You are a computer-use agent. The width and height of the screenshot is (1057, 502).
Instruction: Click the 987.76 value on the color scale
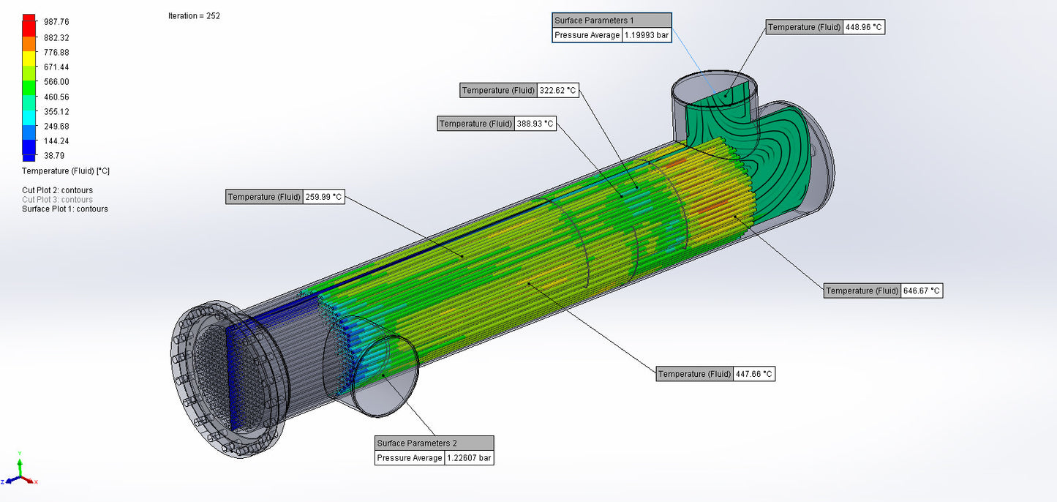tap(56, 22)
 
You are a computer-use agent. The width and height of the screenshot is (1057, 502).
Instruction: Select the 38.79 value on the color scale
tap(54, 156)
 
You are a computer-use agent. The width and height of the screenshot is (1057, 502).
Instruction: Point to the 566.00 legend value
tap(56, 82)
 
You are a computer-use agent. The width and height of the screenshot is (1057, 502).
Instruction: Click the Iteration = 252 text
tap(194, 16)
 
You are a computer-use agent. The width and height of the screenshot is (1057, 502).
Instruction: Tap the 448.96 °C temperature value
tap(865, 27)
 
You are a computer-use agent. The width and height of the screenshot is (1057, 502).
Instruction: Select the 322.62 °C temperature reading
tap(557, 90)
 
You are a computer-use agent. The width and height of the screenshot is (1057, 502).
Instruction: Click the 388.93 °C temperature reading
tap(535, 124)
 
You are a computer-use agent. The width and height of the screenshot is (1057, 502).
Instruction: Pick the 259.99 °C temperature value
tap(323, 197)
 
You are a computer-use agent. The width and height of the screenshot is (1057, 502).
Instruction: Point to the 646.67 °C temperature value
tap(922, 291)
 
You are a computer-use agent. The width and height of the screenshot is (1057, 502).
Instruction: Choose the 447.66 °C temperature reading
tap(753, 374)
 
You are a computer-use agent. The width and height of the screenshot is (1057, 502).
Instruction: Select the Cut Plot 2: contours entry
tap(57, 190)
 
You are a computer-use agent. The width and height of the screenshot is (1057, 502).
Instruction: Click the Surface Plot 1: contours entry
tap(65, 209)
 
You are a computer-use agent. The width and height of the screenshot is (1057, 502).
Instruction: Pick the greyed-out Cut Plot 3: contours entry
tap(57, 200)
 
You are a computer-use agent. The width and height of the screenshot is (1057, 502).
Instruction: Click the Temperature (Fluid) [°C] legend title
tap(66, 171)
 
